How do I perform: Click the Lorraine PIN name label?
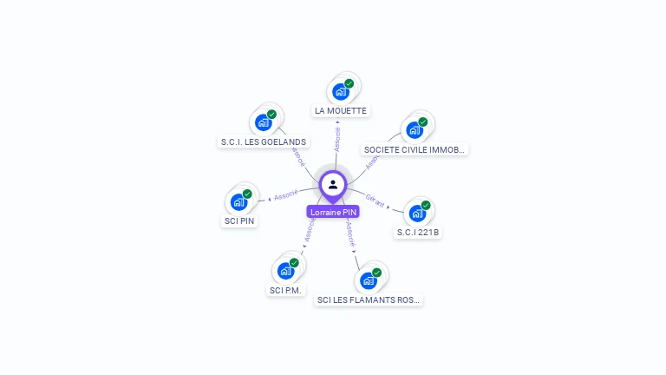(x=333, y=212)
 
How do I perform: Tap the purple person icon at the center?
(x=333, y=185)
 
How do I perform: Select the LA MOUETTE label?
(x=341, y=111)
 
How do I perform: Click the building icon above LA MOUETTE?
(x=341, y=90)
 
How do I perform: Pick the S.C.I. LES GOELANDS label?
(x=263, y=141)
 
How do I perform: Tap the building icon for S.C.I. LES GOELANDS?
(x=264, y=122)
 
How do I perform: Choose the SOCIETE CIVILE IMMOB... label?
(x=415, y=149)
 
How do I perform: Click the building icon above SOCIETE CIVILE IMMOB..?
(x=415, y=129)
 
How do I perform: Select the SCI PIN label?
(x=240, y=220)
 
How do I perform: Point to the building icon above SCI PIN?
(x=239, y=201)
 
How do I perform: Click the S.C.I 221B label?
(x=418, y=233)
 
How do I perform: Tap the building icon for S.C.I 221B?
(x=418, y=213)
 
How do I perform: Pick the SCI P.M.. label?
(x=286, y=290)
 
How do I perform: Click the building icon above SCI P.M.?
(x=286, y=270)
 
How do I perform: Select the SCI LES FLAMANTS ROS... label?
(x=369, y=300)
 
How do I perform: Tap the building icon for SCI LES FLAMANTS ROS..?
(x=369, y=280)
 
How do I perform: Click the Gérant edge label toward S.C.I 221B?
(x=375, y=199)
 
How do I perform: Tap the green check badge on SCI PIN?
(x=247, y=194)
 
